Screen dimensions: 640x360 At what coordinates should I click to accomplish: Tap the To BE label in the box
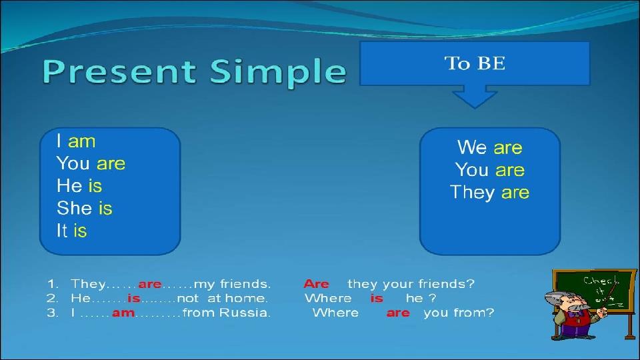point(475,63)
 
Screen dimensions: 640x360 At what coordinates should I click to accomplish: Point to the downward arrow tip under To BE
point(474,108)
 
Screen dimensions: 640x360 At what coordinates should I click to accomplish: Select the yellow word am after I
point(81,141)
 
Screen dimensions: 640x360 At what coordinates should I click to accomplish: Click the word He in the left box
point(69,185)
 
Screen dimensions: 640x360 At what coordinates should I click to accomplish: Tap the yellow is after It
point(80,231)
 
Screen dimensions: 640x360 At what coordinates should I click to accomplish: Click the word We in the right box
point(472,147)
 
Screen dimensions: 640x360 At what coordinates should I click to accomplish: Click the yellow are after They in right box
point(515,193)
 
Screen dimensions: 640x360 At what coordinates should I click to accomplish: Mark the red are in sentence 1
point(150,284)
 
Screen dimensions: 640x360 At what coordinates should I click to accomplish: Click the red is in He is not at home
point(134,299)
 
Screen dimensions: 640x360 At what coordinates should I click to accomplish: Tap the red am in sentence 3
point(123,313)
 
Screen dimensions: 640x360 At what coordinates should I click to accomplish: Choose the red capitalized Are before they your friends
point(316,284)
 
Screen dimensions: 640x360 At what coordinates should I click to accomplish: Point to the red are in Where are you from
point(398,313)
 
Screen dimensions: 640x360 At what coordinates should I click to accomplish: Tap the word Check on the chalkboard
point(601,281)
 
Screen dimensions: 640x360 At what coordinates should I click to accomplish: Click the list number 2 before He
point(52,299)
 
